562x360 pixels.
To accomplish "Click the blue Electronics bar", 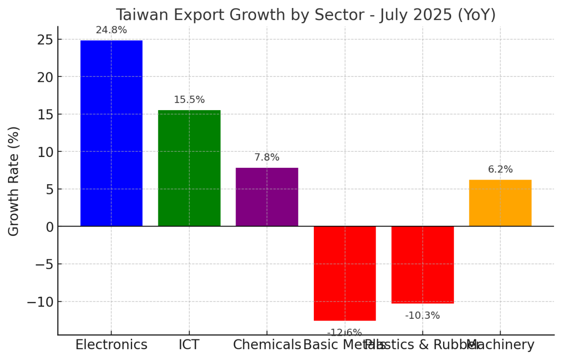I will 111,133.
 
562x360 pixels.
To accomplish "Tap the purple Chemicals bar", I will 267,197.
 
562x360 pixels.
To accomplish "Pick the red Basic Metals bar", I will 345,273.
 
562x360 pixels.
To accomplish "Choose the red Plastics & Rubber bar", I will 422,265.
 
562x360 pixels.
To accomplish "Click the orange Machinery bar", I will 500,203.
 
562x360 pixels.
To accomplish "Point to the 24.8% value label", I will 111,30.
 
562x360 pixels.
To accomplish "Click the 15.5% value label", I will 189,100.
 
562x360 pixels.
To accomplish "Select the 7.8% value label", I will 267,157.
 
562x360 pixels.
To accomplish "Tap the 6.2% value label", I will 500,170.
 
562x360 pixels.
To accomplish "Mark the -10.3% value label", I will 422,315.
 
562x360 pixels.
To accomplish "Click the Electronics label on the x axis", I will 111,345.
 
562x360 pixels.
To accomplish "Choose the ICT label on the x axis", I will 189,345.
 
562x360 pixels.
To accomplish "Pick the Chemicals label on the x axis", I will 267,345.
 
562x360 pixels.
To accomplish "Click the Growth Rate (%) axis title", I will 14,181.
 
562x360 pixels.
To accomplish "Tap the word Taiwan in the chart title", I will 142,15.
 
